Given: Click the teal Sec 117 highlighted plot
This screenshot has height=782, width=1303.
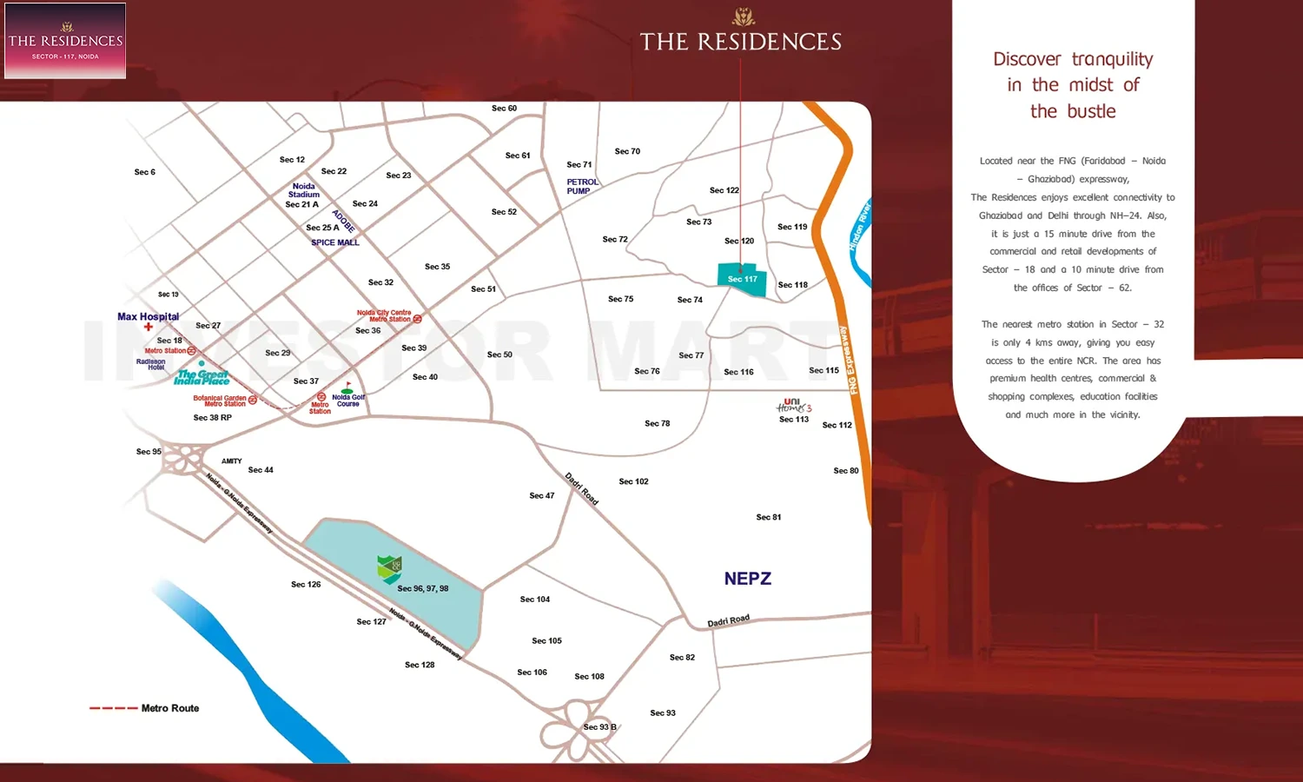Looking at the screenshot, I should coord(743,279).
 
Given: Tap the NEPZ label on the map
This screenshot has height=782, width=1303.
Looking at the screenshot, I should coord(747,579).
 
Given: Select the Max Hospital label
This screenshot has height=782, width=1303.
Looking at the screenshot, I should coord(148,316).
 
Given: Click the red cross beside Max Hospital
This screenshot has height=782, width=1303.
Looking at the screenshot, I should coord(149,328).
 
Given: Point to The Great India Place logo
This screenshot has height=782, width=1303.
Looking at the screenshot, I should coord(202,377).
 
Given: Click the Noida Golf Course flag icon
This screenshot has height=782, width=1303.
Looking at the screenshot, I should coord(348,386).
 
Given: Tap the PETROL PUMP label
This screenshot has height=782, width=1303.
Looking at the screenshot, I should coord(582,187).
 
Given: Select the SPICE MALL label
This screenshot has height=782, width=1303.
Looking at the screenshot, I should coord(335,242).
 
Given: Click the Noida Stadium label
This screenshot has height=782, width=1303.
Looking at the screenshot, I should coord(303,190).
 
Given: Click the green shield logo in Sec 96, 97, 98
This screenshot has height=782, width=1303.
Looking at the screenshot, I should coord(390,569).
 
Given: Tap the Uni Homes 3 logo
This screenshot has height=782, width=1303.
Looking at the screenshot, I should coord(794,406).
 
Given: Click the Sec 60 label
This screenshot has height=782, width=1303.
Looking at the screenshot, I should coord(504,109).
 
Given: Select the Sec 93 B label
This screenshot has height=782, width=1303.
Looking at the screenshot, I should coord(599,727).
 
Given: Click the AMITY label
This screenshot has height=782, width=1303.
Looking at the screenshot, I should coord(231,461).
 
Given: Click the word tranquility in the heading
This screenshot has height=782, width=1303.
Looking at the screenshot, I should coord(1112,59).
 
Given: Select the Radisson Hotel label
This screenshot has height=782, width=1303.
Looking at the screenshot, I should coord(151,364).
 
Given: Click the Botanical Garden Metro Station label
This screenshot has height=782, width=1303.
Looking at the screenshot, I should coord(220,401).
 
